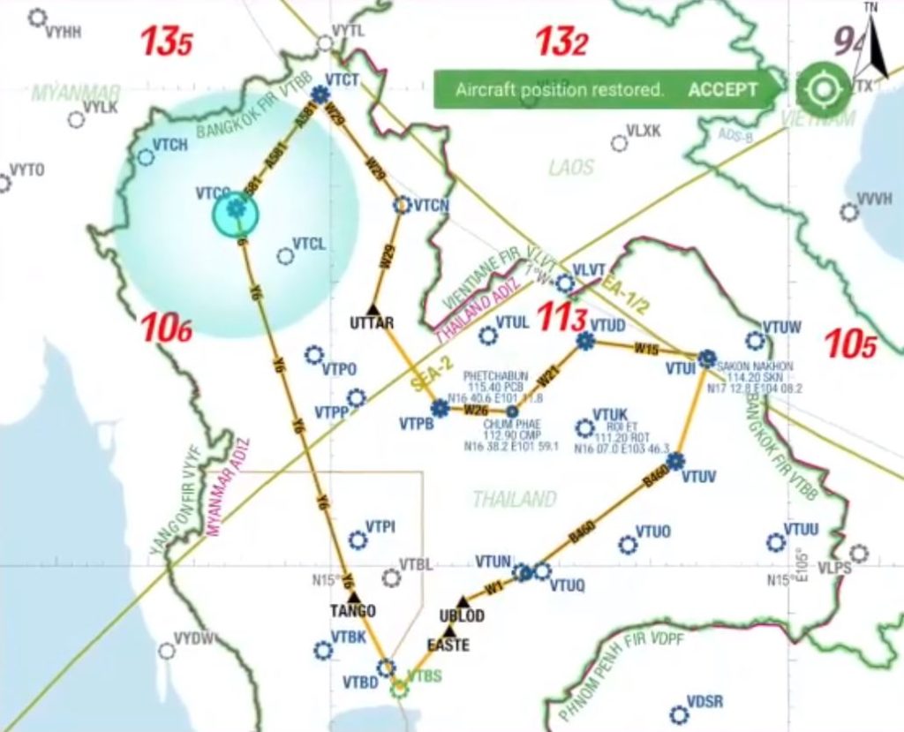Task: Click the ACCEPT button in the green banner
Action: (x=723, y=89)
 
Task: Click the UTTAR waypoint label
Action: (x=372, y=322)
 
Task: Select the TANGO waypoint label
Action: (x=353, y=611)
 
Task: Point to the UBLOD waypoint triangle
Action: (x=461, y=601)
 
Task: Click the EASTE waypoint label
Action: (x=448, y=645)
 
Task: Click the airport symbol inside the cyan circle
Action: (x=236, y=209)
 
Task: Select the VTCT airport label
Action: (x=343, y=80)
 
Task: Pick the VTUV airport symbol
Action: (x=676, y=460)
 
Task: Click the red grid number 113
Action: (x=562, y=320)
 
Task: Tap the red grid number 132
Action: (x=561, y=42)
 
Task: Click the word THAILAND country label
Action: (x=515, y=500)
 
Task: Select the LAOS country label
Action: (x=571, y=168)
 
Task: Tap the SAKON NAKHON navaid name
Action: (x=756, y=366)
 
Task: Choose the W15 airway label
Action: (x=646, y=349)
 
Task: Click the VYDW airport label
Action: (x=194, y=638)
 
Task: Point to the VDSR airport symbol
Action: (x=677, y=714)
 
